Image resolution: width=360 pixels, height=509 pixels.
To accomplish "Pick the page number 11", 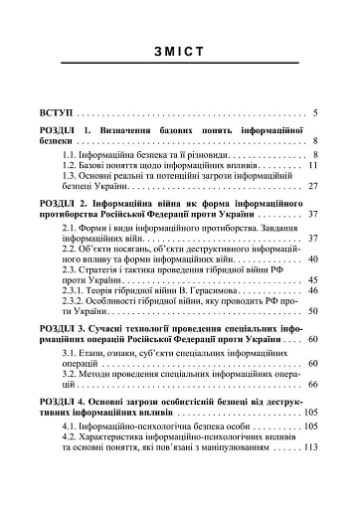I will tap(311, 166).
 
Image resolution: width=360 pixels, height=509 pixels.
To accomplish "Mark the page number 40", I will tap(311, 259).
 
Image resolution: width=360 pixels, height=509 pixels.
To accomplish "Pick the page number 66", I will tap(311, 384).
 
